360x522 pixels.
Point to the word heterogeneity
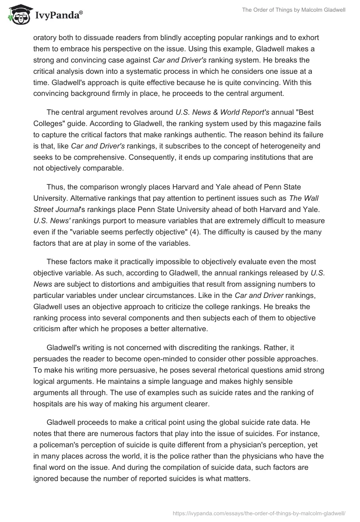point(275,145)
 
